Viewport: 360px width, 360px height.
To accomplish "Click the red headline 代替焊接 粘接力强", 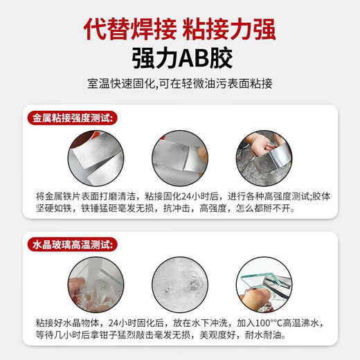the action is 180,30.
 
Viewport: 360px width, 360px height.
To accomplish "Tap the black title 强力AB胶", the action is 182,58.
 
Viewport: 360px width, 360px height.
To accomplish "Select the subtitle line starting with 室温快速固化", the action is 180,84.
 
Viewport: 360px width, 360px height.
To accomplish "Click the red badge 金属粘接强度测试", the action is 73,118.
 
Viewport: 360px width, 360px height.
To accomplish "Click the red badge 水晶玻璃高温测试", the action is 73,244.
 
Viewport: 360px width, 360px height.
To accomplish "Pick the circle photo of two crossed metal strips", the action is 96,159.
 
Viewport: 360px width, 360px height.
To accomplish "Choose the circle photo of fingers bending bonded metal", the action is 180,159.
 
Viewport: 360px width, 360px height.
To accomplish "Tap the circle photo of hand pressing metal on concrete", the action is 264,159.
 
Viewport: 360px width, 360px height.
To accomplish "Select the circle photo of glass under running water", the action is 96,285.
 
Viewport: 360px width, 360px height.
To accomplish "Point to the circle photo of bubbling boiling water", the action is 180,285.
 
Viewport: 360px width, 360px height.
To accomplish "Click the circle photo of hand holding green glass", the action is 264,285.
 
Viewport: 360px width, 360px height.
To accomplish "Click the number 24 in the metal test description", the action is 186,197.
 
